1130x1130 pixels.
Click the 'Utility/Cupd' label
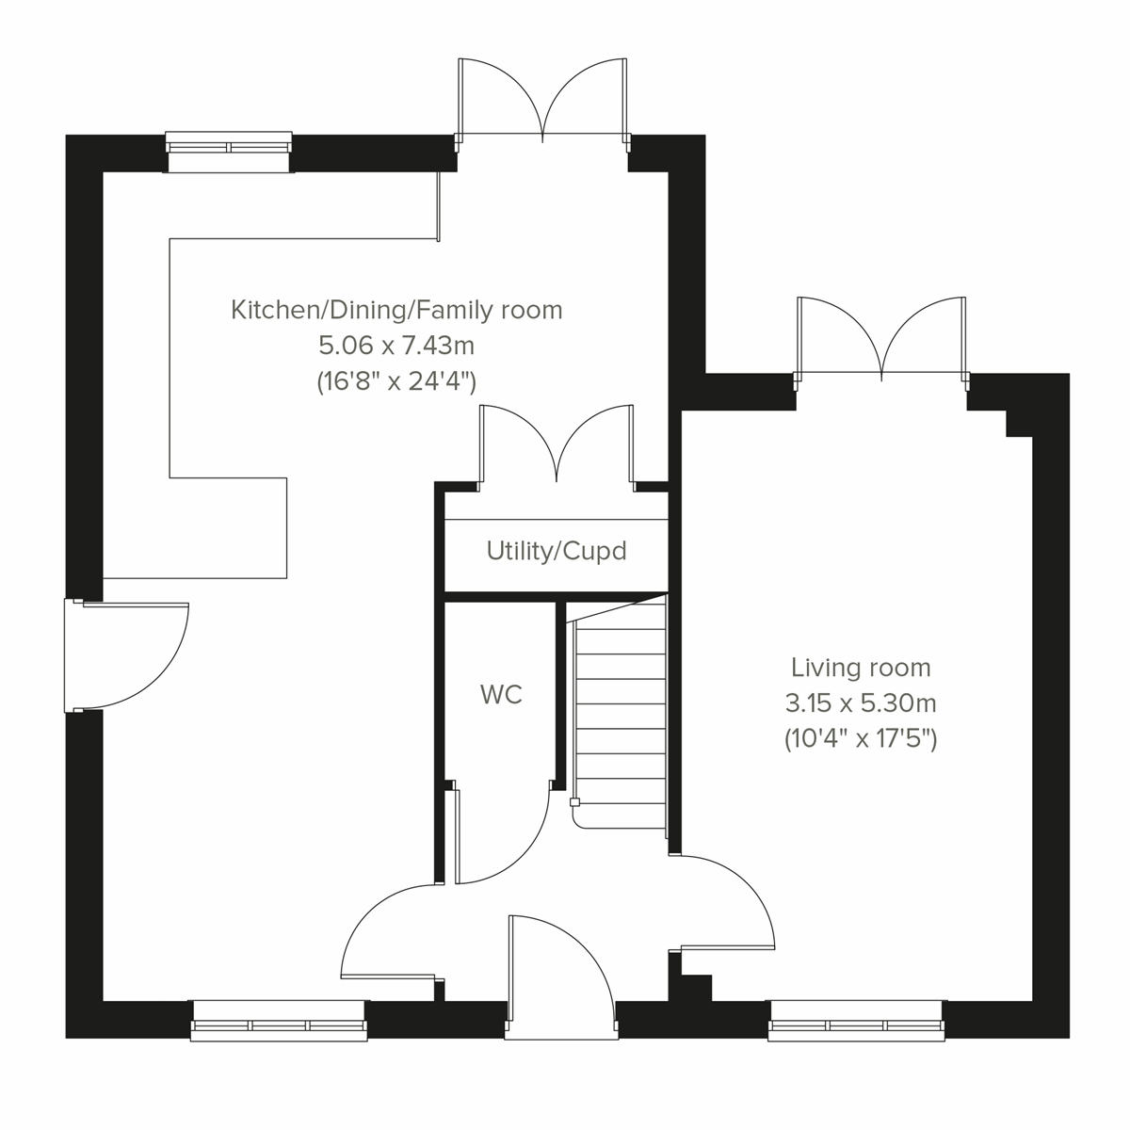[x=556, y=551]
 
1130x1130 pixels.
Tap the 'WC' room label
[x=500, y=695]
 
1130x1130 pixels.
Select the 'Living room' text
[x=860, y=668]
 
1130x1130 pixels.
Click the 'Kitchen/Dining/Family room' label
[x=396, y=309]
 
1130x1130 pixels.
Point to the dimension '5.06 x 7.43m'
[x=396, y=346]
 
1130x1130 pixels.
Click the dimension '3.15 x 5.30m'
[x=860, y=703]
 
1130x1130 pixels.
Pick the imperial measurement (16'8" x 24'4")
[x=396, y=381]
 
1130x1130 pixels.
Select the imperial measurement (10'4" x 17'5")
[x=860, y=739]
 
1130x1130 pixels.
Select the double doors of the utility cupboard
[x=557, y=447]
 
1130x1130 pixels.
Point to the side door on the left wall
[x=127, y=654]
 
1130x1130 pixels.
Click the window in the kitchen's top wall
[x=229, y=153]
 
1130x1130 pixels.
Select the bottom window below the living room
[x=856, y=1021]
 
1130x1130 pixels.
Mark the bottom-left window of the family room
[x=278, y=1021]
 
